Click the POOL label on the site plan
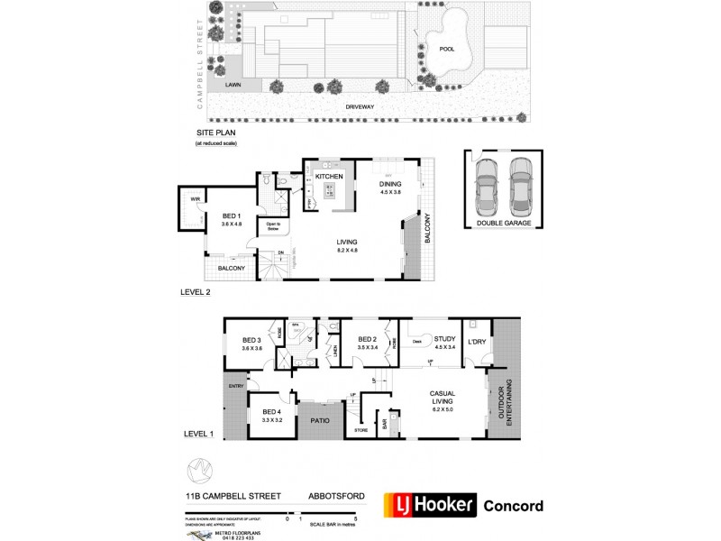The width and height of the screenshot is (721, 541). click(446, 49)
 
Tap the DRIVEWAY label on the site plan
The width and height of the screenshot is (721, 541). click(360, 106)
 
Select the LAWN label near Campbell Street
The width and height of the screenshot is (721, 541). click(233, 85)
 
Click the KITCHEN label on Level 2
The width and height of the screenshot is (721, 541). click(329, 176)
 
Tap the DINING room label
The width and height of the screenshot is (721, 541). click(390, 183)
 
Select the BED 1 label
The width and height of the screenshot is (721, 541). click(232, 215)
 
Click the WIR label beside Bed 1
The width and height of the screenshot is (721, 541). click(194, 199)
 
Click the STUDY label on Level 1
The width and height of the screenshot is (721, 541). click(445, 338)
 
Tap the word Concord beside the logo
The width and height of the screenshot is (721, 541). click(514, 506)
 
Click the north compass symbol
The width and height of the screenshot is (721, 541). click(200, 471)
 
